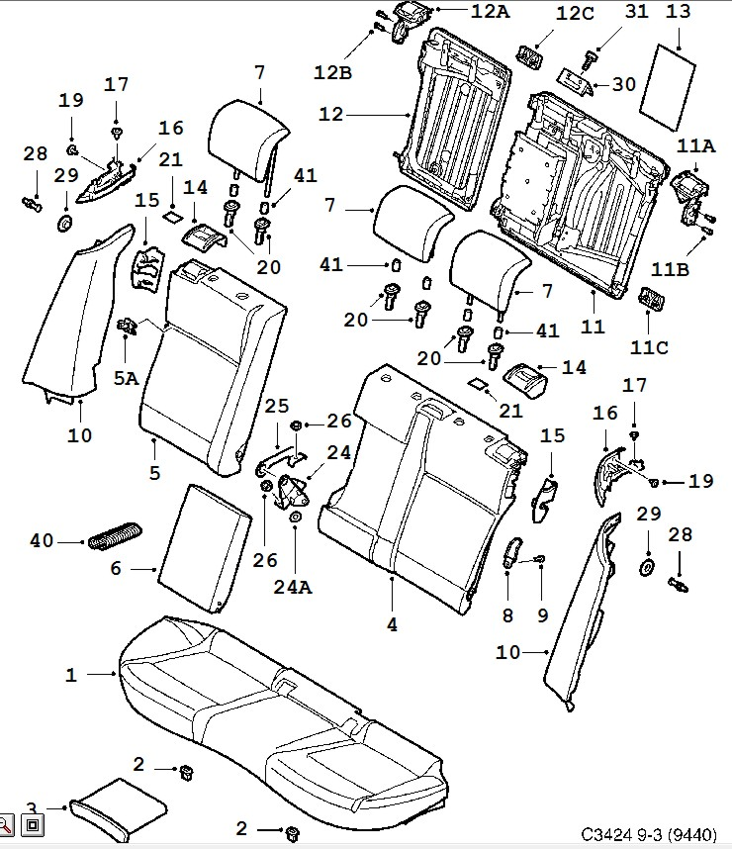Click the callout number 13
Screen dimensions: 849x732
tap(679, 13)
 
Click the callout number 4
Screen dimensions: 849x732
tap(392, 624)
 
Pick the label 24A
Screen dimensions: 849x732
tap(293, 587)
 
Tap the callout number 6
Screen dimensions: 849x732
tap(115, 569)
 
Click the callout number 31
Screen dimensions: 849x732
tap(636, 12)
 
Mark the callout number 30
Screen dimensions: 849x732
tap(623, 84)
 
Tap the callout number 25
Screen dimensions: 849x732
tap(276, 406)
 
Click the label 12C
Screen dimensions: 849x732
tap(575, 14)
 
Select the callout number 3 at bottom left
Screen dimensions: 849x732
tap(31, 808)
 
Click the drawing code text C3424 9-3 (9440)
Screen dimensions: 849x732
tap(651, 834)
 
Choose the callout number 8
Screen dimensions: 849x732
tap(508, 615)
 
